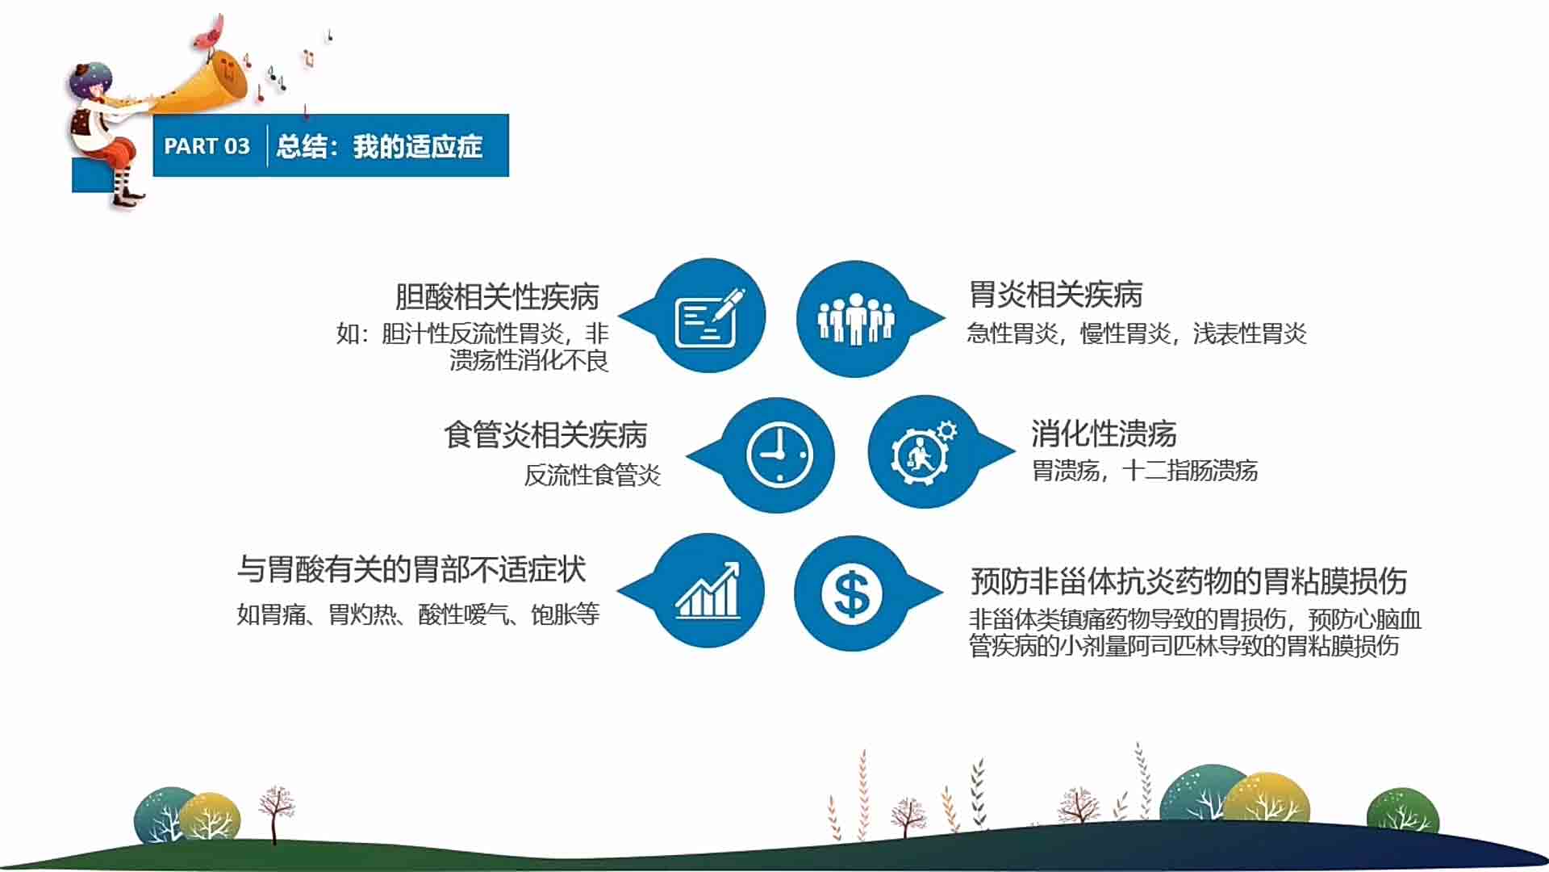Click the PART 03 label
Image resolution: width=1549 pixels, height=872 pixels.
click(x=207, y=146)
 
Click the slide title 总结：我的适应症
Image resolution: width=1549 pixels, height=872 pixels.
click(x=379, y=146)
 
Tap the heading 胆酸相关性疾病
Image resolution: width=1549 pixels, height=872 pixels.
click(x=497, y=297)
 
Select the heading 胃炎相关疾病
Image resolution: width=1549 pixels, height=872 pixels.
click(x=1055, y=295)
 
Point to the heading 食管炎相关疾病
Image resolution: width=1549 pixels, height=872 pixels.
click(x=545, y=435)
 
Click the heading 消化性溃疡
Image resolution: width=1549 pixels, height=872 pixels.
click(x=1104, y=434)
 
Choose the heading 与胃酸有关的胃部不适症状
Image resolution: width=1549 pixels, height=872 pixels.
click(x=411, y=569)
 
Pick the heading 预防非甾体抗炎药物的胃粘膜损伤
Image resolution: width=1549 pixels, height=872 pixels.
click(x=1189, y=581)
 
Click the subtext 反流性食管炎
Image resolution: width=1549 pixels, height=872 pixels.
click(x=593, y=475)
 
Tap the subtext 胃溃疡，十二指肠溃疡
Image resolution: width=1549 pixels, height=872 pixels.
click(x=1145, y=471)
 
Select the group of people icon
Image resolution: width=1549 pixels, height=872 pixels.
click(x=856, y=319)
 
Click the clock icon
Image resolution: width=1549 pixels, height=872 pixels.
click(x=779, y=455)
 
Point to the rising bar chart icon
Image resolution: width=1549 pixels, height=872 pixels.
click(x=708, y=590)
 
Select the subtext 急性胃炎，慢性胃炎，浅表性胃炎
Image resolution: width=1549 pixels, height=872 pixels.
click(x=1137, y=333)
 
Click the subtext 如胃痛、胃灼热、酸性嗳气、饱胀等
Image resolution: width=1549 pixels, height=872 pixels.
click(x=418, y=614)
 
